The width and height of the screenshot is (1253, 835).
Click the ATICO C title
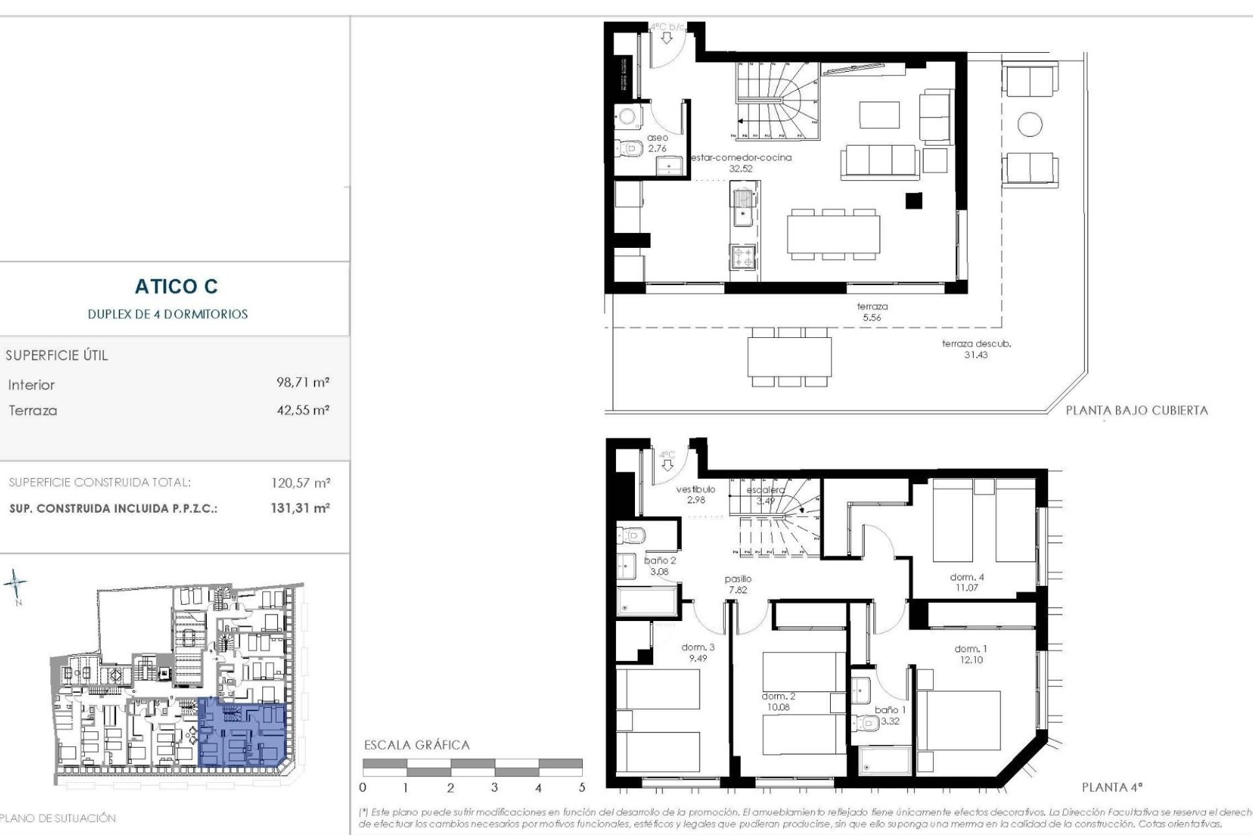click(176, 286)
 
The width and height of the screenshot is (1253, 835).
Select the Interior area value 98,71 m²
click(303, 382)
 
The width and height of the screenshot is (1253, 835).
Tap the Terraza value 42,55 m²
click(303, 410)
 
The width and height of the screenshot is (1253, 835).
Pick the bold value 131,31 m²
click(300, 508)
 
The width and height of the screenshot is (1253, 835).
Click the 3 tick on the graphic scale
click(495, 787)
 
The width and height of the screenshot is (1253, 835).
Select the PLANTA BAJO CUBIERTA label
click(1136, 410)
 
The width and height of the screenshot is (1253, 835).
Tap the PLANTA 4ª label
click(1112, 787)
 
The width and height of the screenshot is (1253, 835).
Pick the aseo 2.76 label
click(657, 143)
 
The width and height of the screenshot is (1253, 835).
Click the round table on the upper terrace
click(1030, 123)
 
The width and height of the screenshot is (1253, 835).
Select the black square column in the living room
click(913, 201)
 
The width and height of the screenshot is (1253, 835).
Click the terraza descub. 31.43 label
click(976, 349)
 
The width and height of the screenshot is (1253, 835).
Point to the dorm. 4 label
click(967, 582)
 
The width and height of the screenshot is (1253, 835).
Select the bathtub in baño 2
click(648, 600)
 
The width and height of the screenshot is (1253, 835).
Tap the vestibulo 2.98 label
click(695, 494)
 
